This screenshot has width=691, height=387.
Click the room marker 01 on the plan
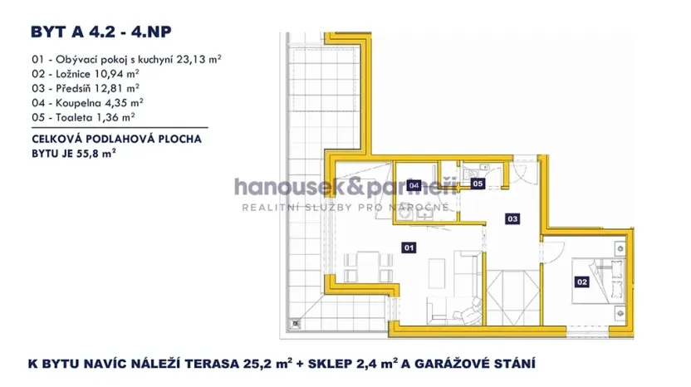(408, 247)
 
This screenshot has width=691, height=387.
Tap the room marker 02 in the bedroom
(581, 282)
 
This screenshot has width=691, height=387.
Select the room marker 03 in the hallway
(512, 219)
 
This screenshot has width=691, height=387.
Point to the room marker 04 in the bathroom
(413, 185)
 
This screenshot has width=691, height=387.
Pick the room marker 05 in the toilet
(477, 183)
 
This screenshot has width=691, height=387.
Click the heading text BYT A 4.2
(73, 32)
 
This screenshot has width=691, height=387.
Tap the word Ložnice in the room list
(76, 74)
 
